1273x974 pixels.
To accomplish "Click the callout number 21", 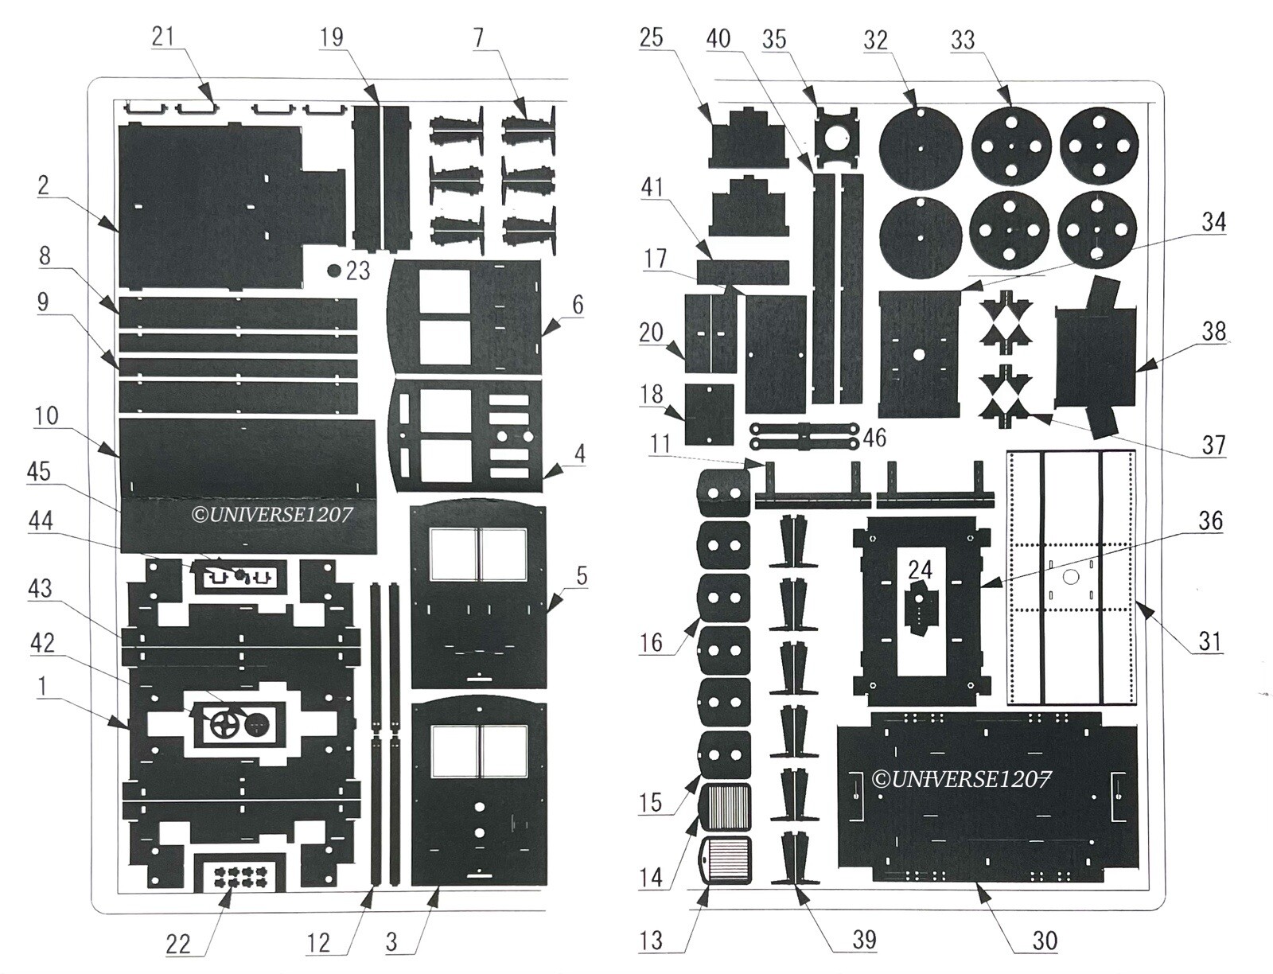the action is (163, 37).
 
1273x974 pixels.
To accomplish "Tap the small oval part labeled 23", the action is (333, 271).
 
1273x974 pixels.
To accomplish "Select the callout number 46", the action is (874, 438).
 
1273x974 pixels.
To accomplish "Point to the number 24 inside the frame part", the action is (920, 571).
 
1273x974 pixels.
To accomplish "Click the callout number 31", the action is (1209, 641).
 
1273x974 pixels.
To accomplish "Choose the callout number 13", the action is (652, 941).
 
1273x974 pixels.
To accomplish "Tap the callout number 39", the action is (863, 940).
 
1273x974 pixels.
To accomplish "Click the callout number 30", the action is (1045, 941).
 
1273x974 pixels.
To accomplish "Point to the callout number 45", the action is (39, 472).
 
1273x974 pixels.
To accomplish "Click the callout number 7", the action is (478, 37).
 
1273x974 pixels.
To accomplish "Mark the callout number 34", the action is (1213, 221).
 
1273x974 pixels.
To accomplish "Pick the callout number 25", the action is (652, 37).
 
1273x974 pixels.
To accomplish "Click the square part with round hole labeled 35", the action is (837, 135).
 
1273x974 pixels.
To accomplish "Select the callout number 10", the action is (46, 416).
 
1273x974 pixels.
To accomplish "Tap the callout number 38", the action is (1214, 331).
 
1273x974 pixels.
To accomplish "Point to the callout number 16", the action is (651, 642).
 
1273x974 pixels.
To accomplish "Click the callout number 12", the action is (318, 943).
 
